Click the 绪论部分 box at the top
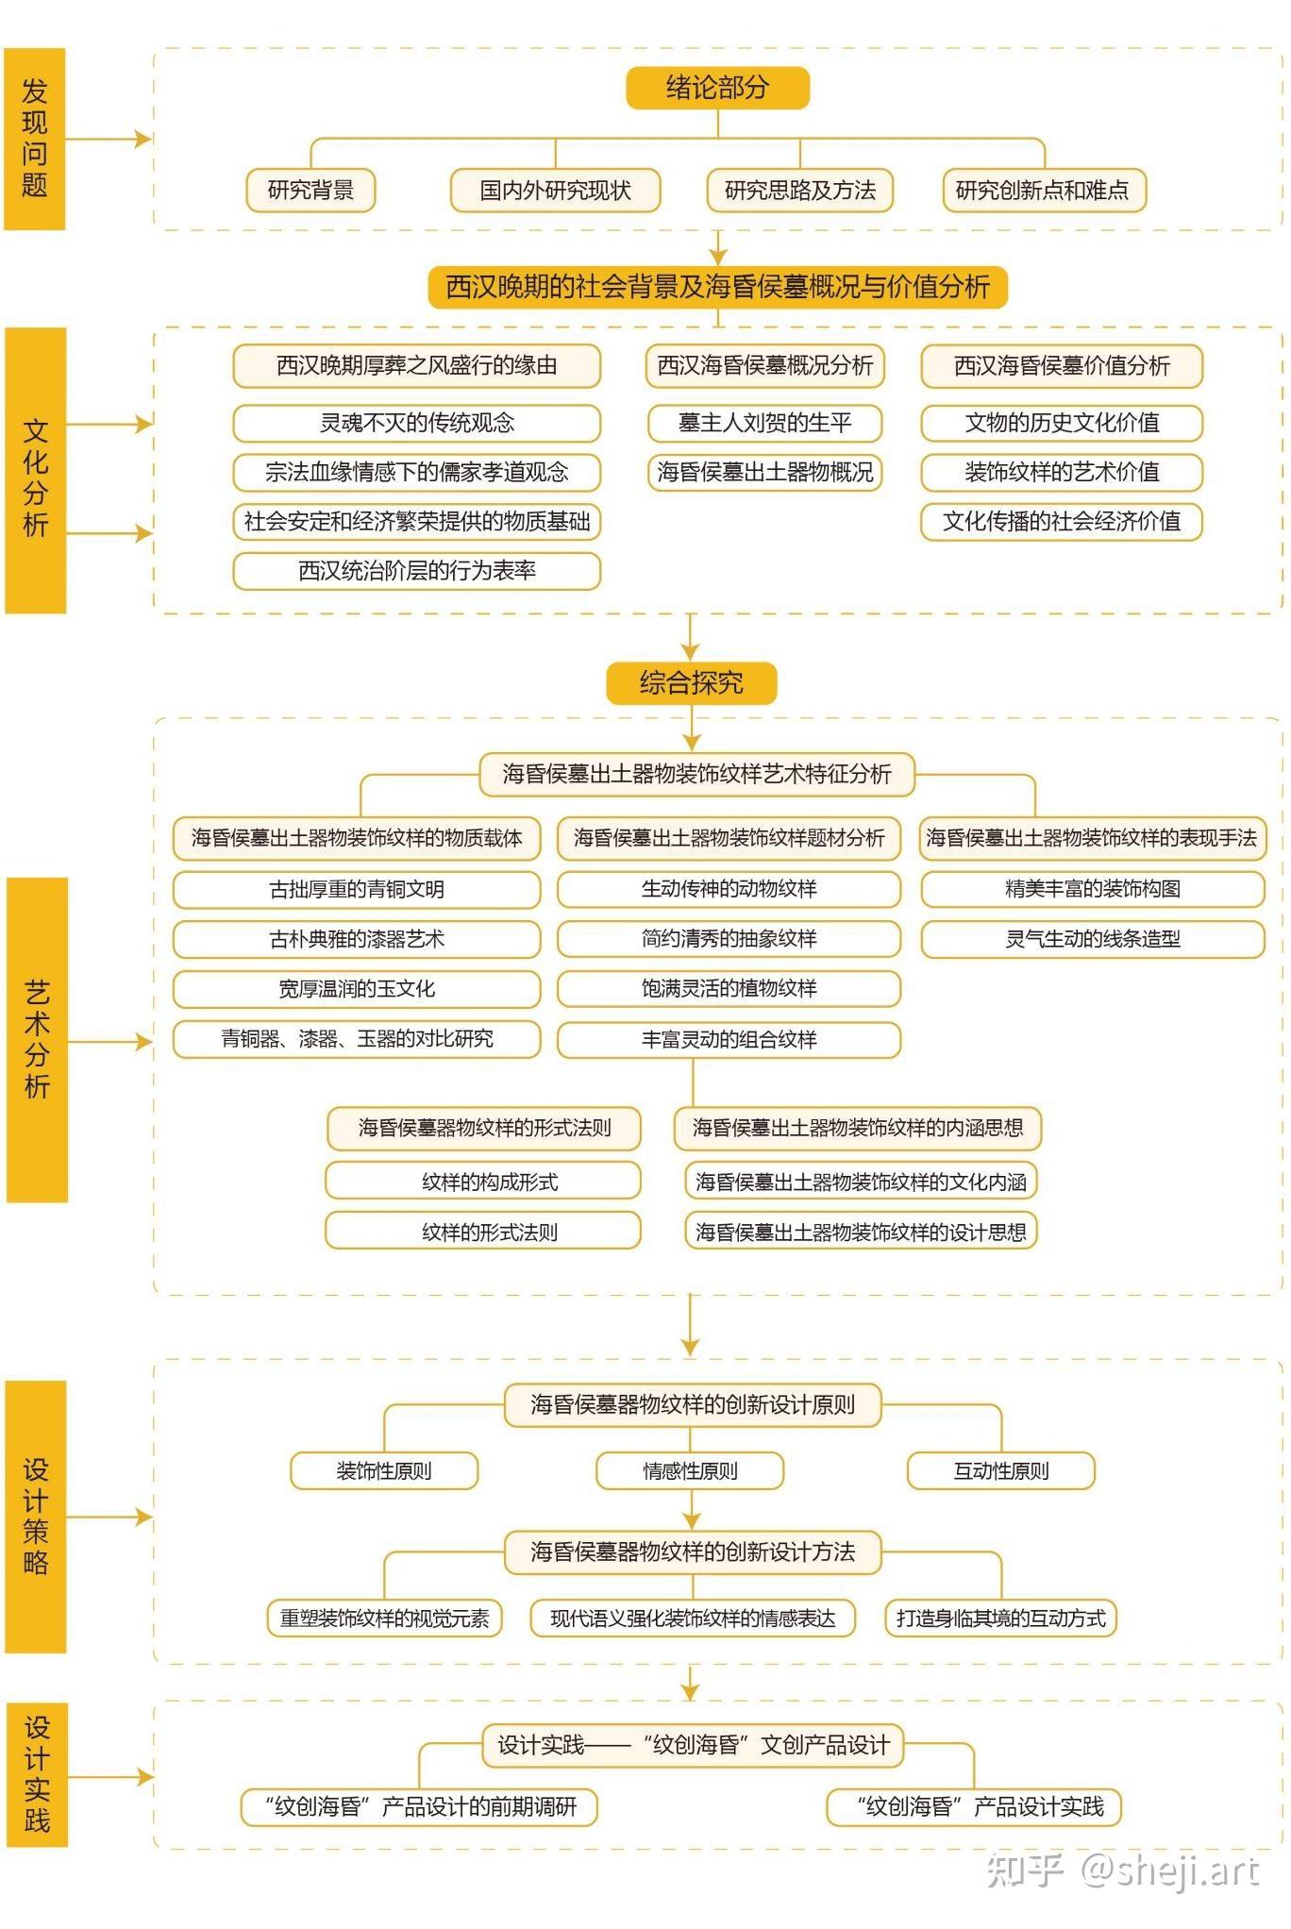717,88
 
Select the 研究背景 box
310,190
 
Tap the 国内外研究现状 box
555,190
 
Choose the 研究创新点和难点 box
1043,190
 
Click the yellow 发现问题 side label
35,139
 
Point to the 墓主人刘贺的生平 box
764,423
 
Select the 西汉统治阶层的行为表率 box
417,571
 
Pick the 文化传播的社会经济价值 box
1062,522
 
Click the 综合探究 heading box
691,682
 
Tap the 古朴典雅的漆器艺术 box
357,939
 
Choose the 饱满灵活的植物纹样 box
729,988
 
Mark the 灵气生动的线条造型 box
1093,939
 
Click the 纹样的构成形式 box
483,1181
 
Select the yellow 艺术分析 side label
37,1039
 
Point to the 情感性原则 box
690,1470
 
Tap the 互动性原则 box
1001,1470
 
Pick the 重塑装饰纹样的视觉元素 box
384,1618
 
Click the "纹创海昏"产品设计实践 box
975,1806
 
